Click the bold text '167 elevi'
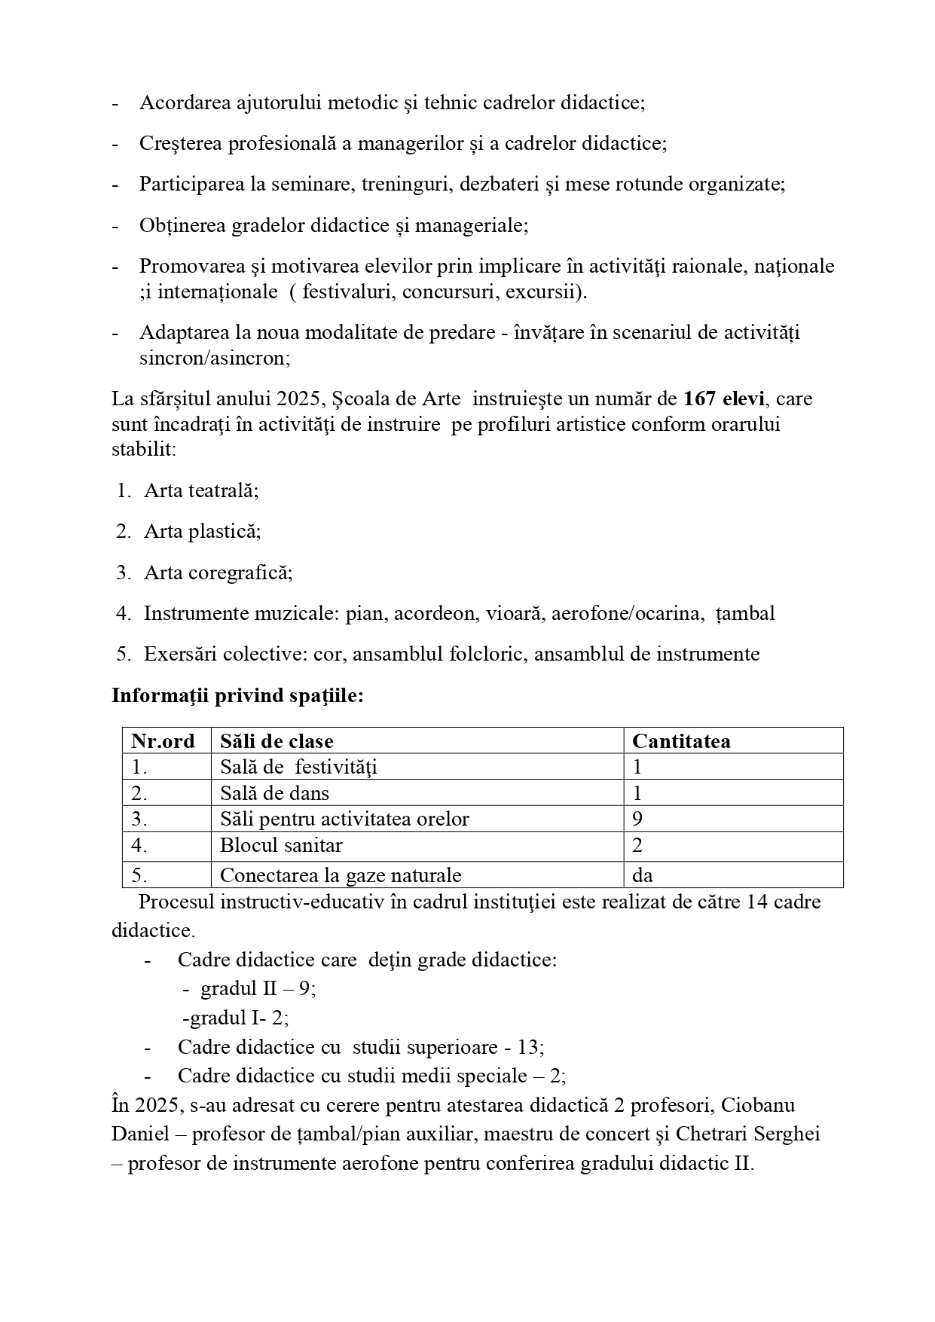[x=723, y=398]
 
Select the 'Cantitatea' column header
[x=681, y=741]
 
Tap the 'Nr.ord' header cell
[x=163, y=741]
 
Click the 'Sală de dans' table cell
[x=274, y=793]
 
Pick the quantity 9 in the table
[x=637, y=819]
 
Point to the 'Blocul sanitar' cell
[x=281, y=845]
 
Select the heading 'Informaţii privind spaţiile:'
[x=237, y=695]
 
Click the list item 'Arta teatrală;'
[x=201, y=490]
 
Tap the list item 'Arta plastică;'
[x=203, y=531]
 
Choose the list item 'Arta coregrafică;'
[x=218, y=572]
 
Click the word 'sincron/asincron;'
[x=215, y=358]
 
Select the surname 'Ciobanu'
[x=758, y=1105]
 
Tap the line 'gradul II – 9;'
[x=258, y=988]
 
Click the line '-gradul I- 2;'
[x=236, y=1018]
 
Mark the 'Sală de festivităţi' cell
[x=298, y=767]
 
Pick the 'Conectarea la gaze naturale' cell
[x=341, y=875]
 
